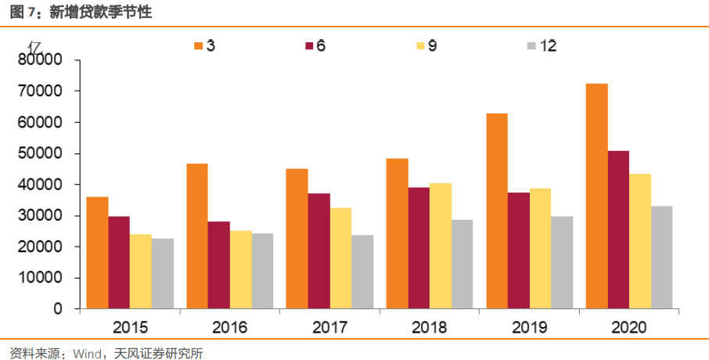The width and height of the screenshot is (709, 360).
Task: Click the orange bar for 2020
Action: point(596,196)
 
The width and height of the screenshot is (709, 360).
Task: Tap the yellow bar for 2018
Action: point(441,246)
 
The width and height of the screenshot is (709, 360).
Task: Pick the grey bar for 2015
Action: point(163,273)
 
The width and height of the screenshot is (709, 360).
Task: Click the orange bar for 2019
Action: point(497,211)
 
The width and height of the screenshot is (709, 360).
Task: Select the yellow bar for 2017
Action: point(340,257)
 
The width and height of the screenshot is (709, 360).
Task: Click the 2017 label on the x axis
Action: point(330,327)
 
